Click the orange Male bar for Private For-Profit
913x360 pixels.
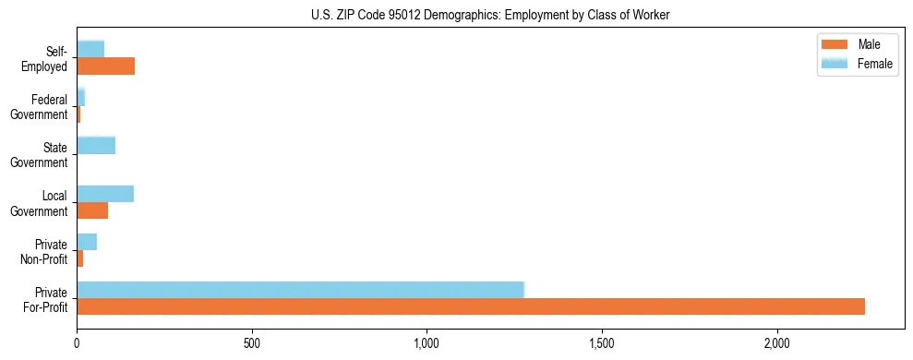click(471, 306)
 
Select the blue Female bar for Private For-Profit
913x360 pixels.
click(300, 290)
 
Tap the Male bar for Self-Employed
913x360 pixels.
click(105, 66)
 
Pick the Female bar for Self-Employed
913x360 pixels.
click(90, 49)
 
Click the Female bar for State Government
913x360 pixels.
click(96, 145)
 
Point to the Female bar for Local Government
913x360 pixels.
click(105, 194)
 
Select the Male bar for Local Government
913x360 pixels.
click(92, 210)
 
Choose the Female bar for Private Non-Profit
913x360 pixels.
click(87, 242)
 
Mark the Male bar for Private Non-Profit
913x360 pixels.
click(80, 258)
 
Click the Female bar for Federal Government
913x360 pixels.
click(81, 97)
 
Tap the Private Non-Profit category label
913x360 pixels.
click(45, 251)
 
